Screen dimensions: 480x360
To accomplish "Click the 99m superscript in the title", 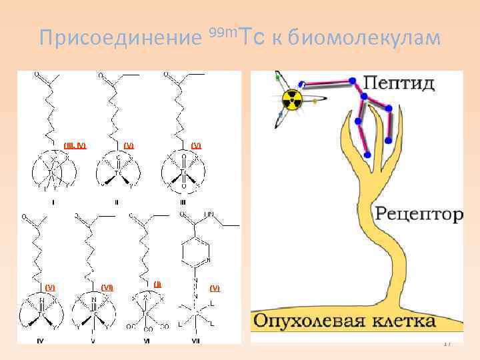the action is (221, 32).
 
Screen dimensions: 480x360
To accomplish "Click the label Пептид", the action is (399, 84).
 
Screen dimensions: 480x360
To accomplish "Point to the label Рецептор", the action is (419, 214).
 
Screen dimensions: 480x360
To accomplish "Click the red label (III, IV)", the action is (75, 145).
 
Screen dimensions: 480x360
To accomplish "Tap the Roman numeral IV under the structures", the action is (41, 341).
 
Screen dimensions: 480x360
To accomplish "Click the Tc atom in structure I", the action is (51, 172).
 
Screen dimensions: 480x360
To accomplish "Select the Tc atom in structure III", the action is (182, 172).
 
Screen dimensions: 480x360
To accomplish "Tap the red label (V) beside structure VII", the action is (214, 288).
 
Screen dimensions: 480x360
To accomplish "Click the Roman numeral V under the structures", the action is (93, 341).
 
